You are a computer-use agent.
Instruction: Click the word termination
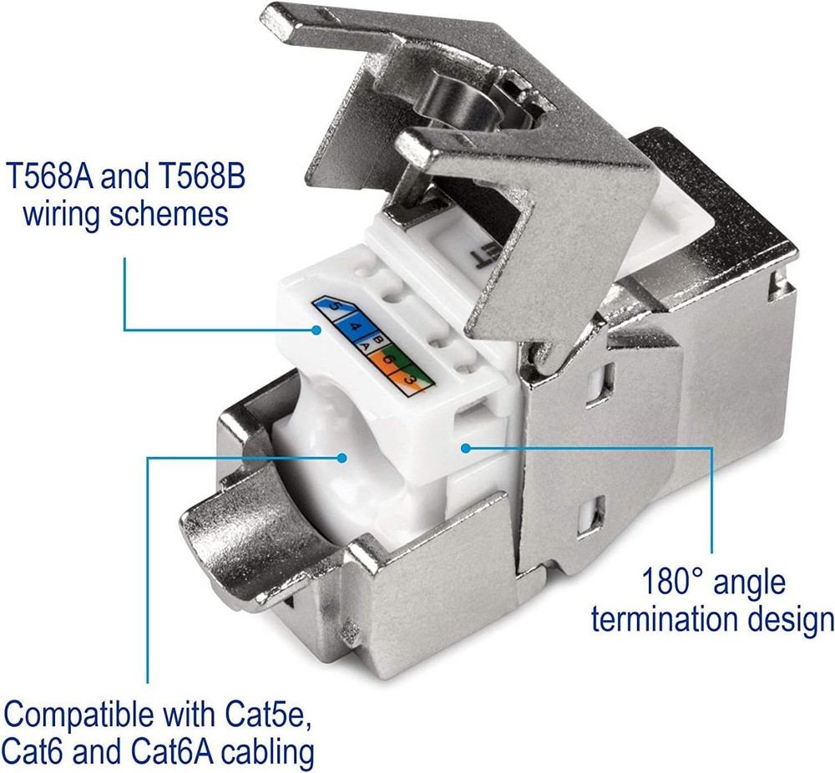(x=664, y=619)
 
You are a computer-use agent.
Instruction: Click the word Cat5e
(x=269, y=714)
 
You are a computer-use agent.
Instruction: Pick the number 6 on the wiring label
(x=389, y=359)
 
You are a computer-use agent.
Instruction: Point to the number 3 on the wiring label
(x=409, y=379)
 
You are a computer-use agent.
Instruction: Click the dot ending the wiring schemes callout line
(x=316, y=330)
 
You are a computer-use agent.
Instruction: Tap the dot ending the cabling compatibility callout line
(x=342, y=457)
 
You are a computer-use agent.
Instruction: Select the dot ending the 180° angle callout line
(x=466, y=448)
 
